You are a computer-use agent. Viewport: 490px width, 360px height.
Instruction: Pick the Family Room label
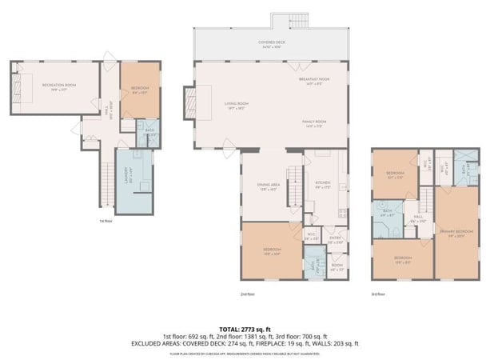click(314, 122)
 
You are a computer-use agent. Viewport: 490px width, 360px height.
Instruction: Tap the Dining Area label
click(267, 188)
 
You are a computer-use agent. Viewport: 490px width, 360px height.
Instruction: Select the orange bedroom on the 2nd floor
click(272, 252)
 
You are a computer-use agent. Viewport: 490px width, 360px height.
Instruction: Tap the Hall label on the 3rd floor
click(419, 218)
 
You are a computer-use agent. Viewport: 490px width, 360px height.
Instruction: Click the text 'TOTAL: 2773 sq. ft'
click(245, 330)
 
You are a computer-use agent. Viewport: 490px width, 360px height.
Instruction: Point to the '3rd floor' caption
click(378, 294)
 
